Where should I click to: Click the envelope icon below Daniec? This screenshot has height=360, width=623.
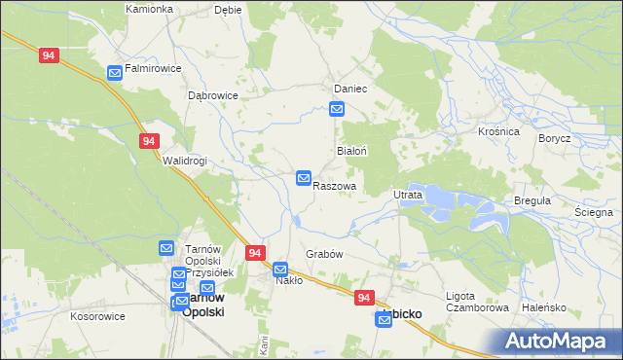click(x=337, y=110)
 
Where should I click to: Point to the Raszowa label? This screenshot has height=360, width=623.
click(x=334, y=186)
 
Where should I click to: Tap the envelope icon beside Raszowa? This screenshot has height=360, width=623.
click(x=304, y=179)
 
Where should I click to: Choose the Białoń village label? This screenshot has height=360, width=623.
click(x=350, y=152)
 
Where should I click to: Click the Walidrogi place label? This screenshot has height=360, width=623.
click(x=185, y=162)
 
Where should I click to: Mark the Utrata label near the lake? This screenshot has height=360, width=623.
click(x=407, y=196)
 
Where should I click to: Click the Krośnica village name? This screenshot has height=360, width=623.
click(x=498, y=131)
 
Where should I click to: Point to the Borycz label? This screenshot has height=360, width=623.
click(x=554, y=139)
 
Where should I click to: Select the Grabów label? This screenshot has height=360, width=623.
click(x=325, y=254)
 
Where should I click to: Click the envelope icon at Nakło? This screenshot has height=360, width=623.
click(x=280, y=269)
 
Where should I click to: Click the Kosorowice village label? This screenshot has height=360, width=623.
click(x=97, y=317)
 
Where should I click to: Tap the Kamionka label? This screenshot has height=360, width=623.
click(x=149, y=9)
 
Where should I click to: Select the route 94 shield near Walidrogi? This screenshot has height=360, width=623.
click(x=148, y=141)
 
